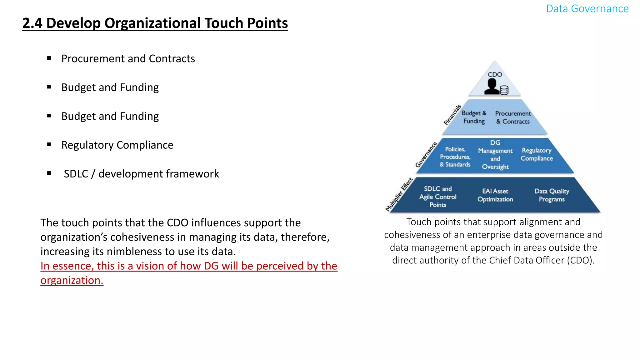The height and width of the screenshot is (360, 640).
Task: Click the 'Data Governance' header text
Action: point(587,9)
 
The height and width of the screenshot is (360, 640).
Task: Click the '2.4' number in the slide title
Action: point(32,23)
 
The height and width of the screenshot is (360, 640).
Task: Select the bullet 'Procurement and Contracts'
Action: point(128,58)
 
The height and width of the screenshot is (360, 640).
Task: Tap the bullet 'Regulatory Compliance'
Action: point(117,145)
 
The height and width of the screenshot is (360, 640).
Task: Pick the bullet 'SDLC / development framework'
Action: point(141,174)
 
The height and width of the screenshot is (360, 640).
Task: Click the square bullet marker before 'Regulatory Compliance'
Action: point(49,144)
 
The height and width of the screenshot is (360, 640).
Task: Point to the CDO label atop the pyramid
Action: point(495,74)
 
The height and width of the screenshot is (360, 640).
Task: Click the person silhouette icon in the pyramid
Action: point(492,87)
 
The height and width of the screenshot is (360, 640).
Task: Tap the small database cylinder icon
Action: point(504,90)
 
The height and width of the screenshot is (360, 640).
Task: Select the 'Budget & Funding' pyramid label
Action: point(474,117)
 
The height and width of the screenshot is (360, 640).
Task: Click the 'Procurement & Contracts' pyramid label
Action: point(513,117)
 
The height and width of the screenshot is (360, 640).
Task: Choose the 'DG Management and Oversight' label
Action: point(495,155)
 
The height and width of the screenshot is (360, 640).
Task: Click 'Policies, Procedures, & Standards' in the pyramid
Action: point(455,157)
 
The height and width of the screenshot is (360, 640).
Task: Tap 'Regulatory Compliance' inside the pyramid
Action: point(537,154)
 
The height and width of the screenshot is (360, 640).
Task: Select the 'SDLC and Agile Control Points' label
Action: point(438,197)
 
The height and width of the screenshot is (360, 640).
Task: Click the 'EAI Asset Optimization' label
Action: point(495,195)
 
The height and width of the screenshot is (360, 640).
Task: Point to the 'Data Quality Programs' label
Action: point(552,195)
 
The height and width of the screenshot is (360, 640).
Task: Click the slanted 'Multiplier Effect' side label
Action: point(399,195)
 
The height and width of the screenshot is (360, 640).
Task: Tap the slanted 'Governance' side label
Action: point(426,155)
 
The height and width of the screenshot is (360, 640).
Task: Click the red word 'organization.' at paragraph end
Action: point(72,281)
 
